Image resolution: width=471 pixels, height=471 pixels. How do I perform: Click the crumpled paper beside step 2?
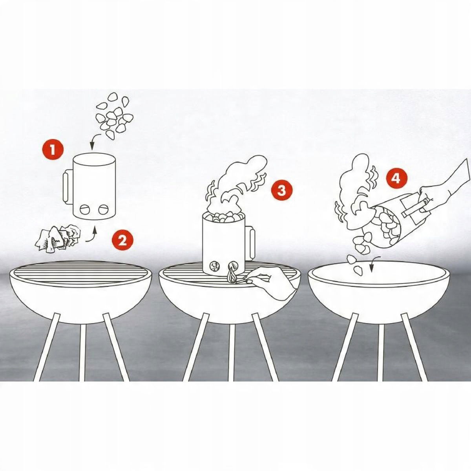pos(58,239)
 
